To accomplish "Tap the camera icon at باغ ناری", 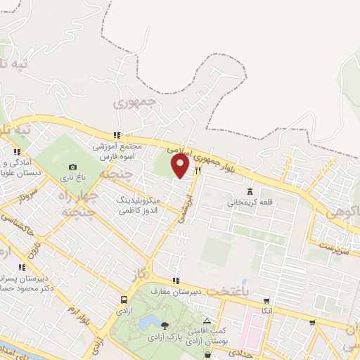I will (x=72, y=167).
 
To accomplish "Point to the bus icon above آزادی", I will (x=124, y=300).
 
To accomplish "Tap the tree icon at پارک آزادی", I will (x=164, y=326).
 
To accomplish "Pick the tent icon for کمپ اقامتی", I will (x=205, y=321).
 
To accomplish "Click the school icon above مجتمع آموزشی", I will (x=117, y=136).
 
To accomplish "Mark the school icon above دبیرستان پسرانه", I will (x=22, y=266).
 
